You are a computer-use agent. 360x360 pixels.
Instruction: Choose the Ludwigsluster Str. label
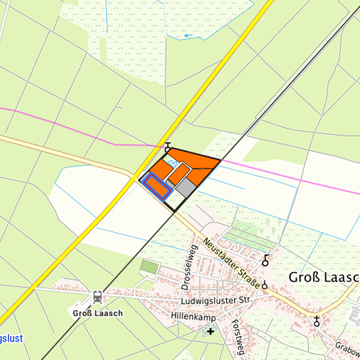[x=220, y=301]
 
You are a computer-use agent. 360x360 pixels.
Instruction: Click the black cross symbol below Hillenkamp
[x=211, y=331]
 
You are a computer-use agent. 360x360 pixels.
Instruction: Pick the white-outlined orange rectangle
[x=179, y=173]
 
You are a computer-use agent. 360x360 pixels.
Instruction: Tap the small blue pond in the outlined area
[x=171, y=163]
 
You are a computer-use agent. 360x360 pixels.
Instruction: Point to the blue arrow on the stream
[x=189, y=35]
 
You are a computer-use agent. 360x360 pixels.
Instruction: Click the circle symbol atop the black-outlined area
[x=167, y=149]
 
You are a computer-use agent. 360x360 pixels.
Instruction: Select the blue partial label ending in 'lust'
[x=11, y=339]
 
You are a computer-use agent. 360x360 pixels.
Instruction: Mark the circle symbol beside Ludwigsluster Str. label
[x=265, y=286]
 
